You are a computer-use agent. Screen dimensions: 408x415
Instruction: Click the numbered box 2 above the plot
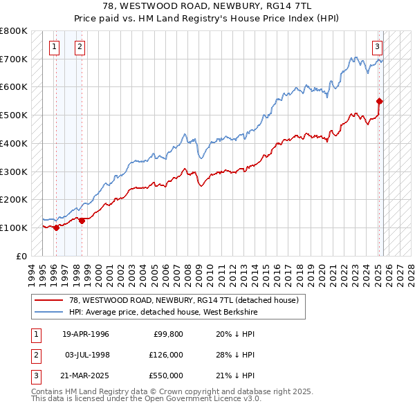coord(80,47)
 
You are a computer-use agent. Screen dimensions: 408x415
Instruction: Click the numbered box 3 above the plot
coord(377,47)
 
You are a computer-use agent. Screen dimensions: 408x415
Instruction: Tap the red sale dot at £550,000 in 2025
coord(380,101)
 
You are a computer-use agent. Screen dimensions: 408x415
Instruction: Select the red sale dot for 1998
coord(82,221)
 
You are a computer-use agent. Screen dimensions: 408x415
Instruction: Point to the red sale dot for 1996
coord(56,228)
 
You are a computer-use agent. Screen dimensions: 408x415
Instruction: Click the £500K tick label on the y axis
coord(13,115)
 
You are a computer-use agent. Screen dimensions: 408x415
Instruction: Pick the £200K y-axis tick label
coord(13,199)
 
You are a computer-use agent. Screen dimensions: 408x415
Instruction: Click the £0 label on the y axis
coord(21,256)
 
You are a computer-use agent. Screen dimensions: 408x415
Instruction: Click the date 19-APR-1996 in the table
coord(86,334)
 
